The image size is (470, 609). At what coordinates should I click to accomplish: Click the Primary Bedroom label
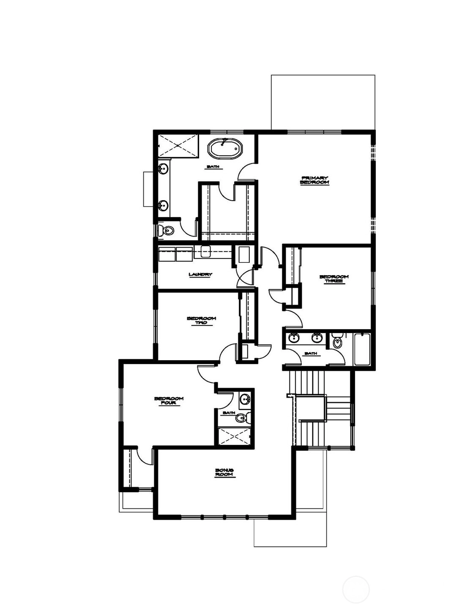(x=314, y=180)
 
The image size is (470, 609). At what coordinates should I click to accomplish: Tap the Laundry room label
(x=200, y=274)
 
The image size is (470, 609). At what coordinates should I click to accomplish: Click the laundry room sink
(x=205, y=252)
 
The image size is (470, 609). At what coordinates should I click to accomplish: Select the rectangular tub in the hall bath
(x=362, y=350)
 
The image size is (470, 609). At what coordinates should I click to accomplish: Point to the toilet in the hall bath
(x=337, y=341)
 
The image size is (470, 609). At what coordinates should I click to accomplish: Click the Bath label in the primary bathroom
(x=213, y=167)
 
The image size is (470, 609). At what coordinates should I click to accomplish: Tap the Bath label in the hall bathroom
(x=311, y=353)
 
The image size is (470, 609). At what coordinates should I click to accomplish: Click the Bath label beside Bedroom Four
(x=229, y=413)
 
